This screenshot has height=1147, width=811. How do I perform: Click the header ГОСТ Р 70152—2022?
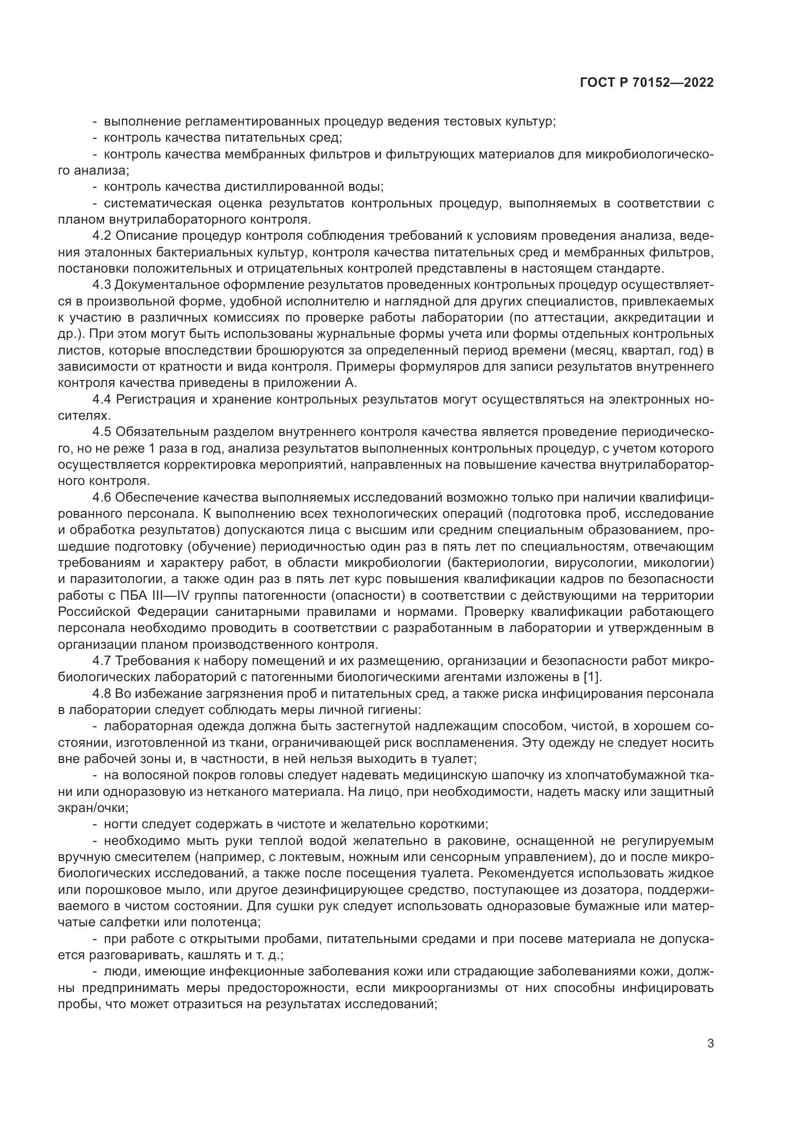click(647, 83)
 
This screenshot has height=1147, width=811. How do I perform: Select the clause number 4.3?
click(102, 285)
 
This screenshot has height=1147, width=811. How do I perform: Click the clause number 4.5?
click(102, 432)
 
